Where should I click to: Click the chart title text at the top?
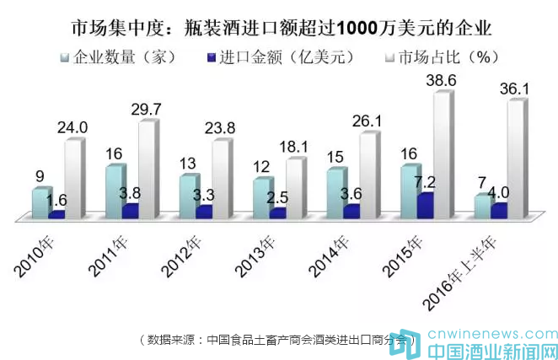click(x=278, y=27)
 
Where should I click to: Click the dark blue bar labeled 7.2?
click(x=425, y=206)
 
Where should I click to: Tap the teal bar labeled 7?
click(x=482, y=207)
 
